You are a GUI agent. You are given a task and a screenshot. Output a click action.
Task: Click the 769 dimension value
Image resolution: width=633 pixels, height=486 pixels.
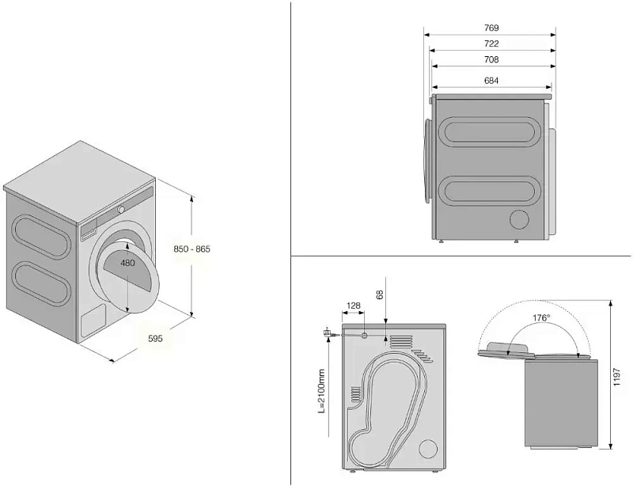tap(491, 28)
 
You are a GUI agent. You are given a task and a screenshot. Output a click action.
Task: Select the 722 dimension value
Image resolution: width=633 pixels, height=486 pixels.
tap(491, 44)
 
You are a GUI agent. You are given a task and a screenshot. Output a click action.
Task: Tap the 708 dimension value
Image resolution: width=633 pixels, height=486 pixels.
tap(491, 59)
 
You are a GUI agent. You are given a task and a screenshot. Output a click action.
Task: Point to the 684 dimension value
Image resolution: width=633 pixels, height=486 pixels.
tap(491, 80)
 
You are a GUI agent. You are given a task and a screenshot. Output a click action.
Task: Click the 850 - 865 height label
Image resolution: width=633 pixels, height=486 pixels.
tap(192, 249)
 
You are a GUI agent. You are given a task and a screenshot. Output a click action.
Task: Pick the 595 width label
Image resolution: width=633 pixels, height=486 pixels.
tap(155, 339)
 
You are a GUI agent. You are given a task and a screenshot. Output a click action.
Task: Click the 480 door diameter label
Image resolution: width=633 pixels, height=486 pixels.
tap(127, 262)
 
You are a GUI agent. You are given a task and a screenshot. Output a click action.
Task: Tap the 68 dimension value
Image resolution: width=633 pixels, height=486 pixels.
tap(381, 294)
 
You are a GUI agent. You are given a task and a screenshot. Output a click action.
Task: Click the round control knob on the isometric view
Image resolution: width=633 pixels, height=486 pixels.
tap(121, 208)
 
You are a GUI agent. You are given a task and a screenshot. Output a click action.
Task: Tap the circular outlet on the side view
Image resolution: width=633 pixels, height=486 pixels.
tap(519, 219)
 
